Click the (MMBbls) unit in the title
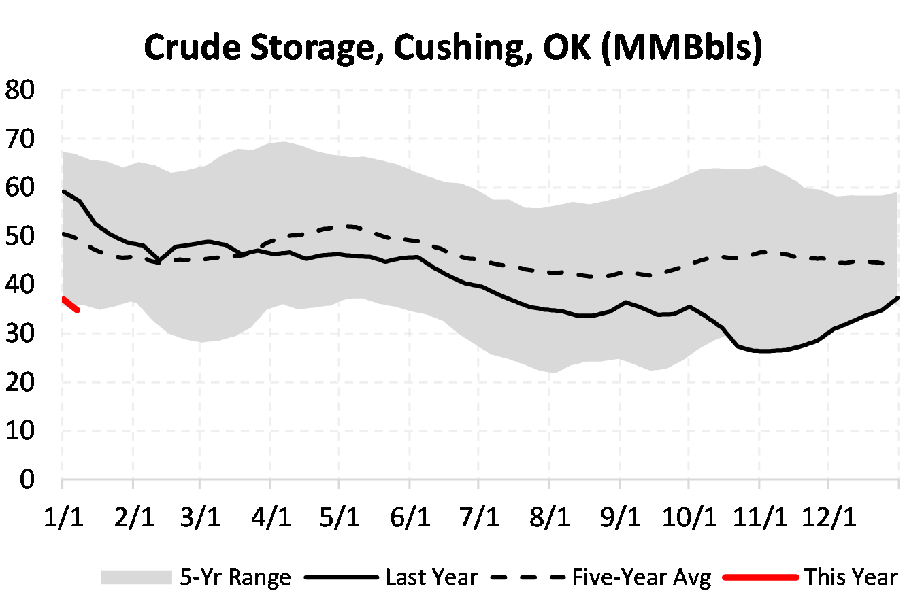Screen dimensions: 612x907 (682, 48)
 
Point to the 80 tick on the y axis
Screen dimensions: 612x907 (20, 90)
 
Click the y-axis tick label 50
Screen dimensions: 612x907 (20, 237)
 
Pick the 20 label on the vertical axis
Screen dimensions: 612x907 (20, 383)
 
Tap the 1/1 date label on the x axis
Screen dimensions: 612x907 (63, 517)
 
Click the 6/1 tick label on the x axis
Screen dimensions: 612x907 (410, 517)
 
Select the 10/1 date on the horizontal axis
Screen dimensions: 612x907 (689, 517)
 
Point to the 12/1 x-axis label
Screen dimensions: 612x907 (828, 517)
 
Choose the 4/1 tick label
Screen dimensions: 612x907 (271, 517)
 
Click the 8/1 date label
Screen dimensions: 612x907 (549, 517)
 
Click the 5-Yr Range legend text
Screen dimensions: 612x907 (235, 578)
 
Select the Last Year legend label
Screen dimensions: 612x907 (431, 578)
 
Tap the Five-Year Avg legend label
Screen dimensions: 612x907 (641, 578)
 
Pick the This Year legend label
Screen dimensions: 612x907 (851, 578)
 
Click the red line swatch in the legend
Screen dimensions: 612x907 (760, 578)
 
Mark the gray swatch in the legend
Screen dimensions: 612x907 (136, 578)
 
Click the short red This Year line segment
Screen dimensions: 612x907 (71, 304)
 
